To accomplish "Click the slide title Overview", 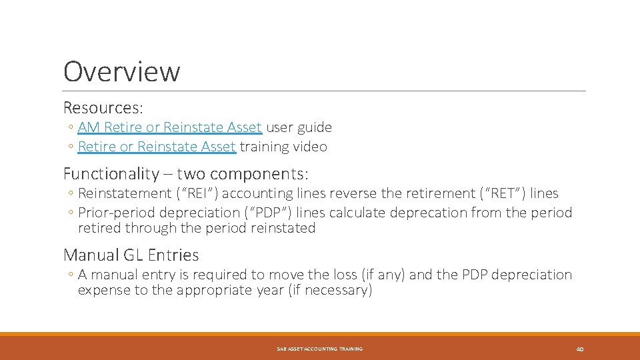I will tap(121, 71).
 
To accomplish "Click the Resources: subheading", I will tap(103, 107).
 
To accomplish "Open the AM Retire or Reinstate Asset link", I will tap(170, 127).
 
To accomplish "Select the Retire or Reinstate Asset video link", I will tap(157, 147).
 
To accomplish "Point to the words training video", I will tap(283, 147).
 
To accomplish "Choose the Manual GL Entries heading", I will tap(131, 255).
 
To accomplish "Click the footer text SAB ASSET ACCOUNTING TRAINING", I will tap(320, 349).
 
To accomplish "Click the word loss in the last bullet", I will tap(341, 275).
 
